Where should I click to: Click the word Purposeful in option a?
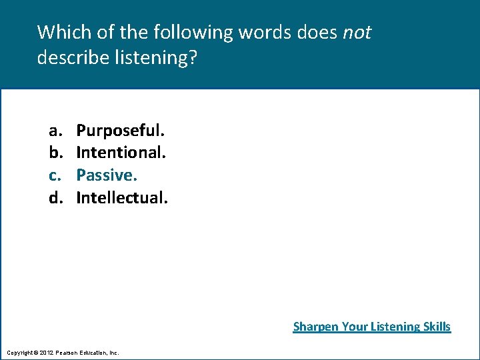pos(120,129)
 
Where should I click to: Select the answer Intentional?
pos(121,152)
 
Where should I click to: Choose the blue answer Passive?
pos(106,175)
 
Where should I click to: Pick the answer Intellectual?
pos(122,197)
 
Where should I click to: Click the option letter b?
pos(53,152)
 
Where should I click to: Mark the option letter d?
pos(53,197)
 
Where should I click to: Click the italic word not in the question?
pos(357,32)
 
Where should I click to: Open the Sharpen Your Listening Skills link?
pos(372,327)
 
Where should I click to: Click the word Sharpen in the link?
pos(315,327)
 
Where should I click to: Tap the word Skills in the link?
pos(436,327)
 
